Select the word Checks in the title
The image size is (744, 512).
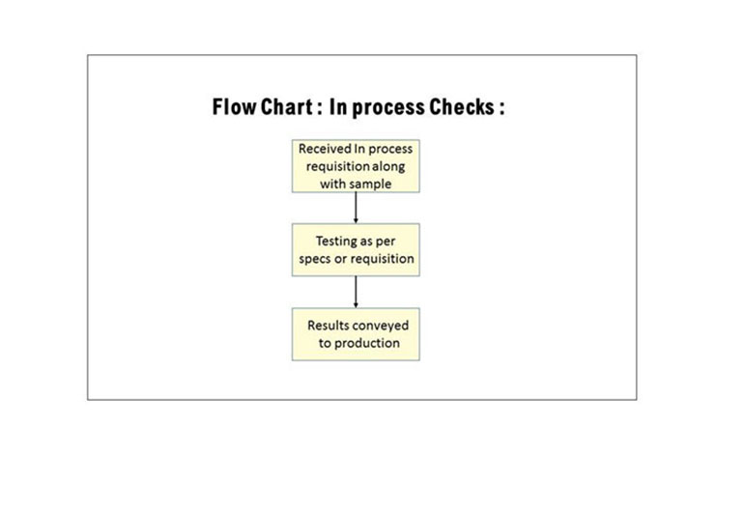(x=462, y=107)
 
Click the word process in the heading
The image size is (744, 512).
(x=388, y=108)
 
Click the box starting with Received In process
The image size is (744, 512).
(x=356, y=166)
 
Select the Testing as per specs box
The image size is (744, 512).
(x=356, y=250)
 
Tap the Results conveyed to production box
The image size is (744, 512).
(x=356, y=334)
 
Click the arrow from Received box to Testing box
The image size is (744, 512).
(x=356, y=208)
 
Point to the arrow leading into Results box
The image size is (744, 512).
(x=356, y=293)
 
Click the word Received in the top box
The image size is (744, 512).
(x=325, y=149)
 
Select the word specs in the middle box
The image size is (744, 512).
(x=315, y=260)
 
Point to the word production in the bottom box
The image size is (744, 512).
(x=367, y=344)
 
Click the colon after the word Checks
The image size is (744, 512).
(x=501, y=109)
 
